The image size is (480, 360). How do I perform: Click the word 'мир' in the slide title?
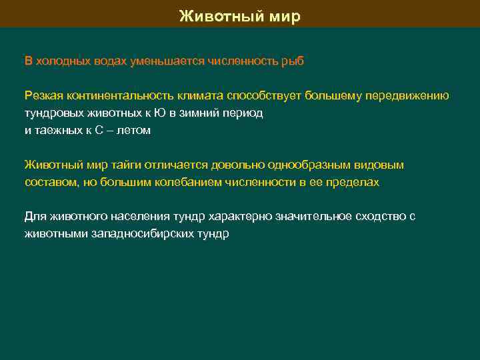tap(285, 16)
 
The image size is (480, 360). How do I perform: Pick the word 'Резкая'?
tap(41, 96)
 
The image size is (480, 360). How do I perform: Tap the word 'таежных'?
tap(56, 131)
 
